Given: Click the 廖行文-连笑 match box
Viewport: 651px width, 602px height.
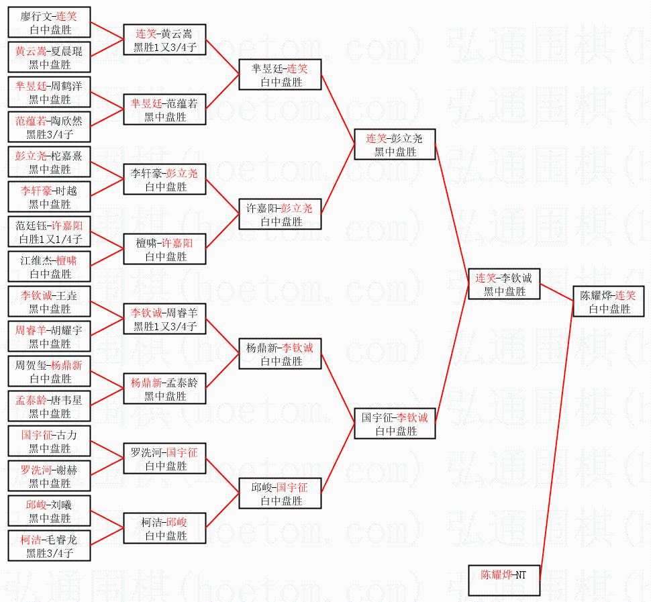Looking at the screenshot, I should [x=49, y=23].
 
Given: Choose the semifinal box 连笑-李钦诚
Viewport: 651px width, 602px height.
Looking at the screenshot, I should [x=504, y=285].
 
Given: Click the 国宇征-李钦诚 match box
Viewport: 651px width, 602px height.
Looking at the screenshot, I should [x=395, y=424].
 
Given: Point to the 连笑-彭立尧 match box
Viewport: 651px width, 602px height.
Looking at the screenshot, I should [x=395, y=145].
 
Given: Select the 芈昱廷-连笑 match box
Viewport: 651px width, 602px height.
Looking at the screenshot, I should [x=280, y=75].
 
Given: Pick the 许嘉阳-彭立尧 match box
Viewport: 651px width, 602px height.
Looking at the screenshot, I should [x=280, y=215].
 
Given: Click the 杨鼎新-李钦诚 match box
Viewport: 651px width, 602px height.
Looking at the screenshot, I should [x=280, y=354].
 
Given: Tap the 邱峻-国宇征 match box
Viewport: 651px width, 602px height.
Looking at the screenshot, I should [x=280, y=494].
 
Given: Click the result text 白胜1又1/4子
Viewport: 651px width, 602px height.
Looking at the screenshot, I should [x=50, y=239].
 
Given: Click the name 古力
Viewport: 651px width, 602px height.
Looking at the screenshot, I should [x=67, y=435].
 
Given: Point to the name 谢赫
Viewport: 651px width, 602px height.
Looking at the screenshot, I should [x=66, y=470].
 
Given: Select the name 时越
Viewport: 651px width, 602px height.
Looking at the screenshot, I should [x=66, y=191].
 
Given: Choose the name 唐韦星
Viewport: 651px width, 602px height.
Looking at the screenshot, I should [x=67, y=400].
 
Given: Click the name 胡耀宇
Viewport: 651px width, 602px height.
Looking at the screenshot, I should [x=67, y=330].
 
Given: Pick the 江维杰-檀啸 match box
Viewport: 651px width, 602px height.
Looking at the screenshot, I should [x=49, y=267].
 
